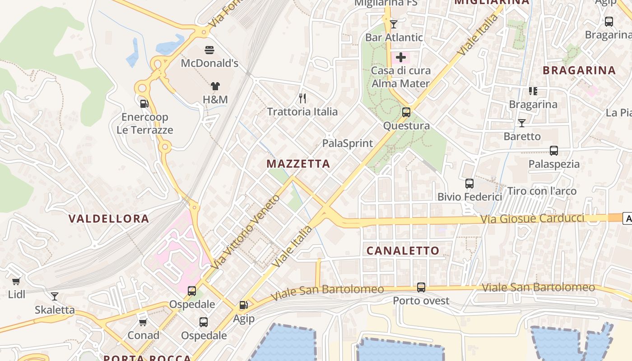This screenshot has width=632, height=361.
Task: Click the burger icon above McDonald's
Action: pyautogui.click(x=209, y=50)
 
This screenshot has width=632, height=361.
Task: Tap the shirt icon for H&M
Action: pyautogui.click(x=215, y=86)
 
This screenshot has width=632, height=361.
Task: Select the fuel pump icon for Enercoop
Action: pyautogui.click(x=144, y=104)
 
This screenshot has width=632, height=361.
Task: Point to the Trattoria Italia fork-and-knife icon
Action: pyautogui.click(x=302, y=98)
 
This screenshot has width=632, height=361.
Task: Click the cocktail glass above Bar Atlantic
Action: pyautogui.click(x=394, y=24)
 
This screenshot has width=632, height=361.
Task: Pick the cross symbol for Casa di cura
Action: pyautogui.click(x=400, y=57)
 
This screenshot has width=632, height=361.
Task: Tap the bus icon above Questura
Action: pyautogui.click(x=406, y=112)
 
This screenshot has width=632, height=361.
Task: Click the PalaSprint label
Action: pyautogui.click(x=348, y=143)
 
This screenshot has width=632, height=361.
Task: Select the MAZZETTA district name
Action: pyautogui.click(x=298, y=164)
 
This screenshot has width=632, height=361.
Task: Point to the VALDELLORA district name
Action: pyautogui.click(x=108, y=219)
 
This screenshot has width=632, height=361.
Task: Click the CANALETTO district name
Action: pyautogui.click(x=403, y=251)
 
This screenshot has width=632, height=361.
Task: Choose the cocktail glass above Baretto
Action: pyautogui.click(x=522, y=123)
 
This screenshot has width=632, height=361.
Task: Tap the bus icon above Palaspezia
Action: pyautogui.click(x=554, y=151)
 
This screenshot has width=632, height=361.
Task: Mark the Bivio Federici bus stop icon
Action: pyautogui.click(x=469, y=184)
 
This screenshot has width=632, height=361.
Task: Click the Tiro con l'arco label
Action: pyautogui.click(x=542, y=191)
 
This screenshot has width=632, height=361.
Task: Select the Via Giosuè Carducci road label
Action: pyautogui.click(x=533, y=219)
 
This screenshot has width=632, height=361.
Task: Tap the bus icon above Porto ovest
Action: pyautogui.click(x=421, y=287)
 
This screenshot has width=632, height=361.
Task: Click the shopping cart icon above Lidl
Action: pyautogui.click(x=16, y=281)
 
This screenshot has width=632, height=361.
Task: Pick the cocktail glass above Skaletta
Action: pyautogui.click(x=55, y=296)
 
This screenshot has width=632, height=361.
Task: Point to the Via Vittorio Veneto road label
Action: pyautogui.click(x=245, y=233)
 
